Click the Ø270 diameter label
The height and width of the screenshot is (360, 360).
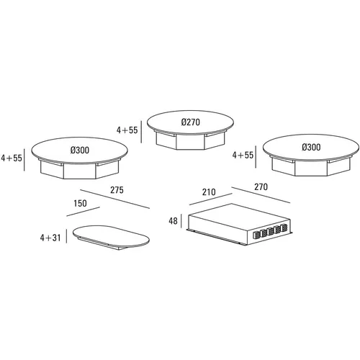(x=191, y=122)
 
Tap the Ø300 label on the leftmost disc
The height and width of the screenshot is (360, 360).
(x=80, y=150)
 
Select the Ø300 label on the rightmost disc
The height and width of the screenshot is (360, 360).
(x=311, y=147)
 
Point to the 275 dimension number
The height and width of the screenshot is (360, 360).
(x=117, y=190)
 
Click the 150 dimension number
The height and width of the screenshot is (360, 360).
(x=80, y=203)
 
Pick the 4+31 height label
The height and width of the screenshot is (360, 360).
(x=50, y=238)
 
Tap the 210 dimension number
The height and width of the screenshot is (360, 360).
(x=209, y=192)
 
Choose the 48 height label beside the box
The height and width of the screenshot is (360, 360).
(x=173, y=221)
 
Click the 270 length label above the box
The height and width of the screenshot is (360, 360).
(x=261, y=186)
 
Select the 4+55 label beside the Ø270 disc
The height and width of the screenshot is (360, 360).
(x=127, y=130)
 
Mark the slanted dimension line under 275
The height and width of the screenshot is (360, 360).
(x=115, y=199)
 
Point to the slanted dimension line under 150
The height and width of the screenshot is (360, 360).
(x=83, y=212)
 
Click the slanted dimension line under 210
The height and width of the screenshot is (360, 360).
(x=211, y=199)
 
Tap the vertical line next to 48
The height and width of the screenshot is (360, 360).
(x=181, y=221)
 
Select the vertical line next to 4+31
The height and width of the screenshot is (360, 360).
(x=66, y=236)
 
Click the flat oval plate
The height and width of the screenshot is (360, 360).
(x=111, y=237)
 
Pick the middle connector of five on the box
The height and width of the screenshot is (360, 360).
(x=271, y=231)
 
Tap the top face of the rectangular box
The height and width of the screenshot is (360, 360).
(x=239, y=215)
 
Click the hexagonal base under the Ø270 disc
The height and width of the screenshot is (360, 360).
(x=190, y=141)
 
